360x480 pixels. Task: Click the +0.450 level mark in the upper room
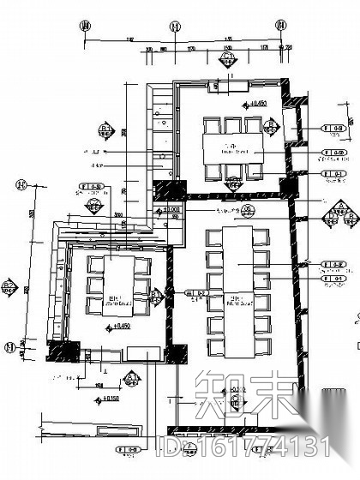[x=254, y=104]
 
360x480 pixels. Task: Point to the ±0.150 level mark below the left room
[x=111, y=399]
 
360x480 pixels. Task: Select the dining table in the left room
[x=119, y=285]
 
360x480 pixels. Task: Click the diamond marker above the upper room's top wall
[x=228, y=60]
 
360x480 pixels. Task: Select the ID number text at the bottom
[x=249, y=446]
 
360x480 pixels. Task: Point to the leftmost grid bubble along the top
[x=85, y=27]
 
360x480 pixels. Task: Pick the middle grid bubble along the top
[x=175, y=27]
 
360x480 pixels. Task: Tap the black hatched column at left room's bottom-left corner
[x=58, y=350]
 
